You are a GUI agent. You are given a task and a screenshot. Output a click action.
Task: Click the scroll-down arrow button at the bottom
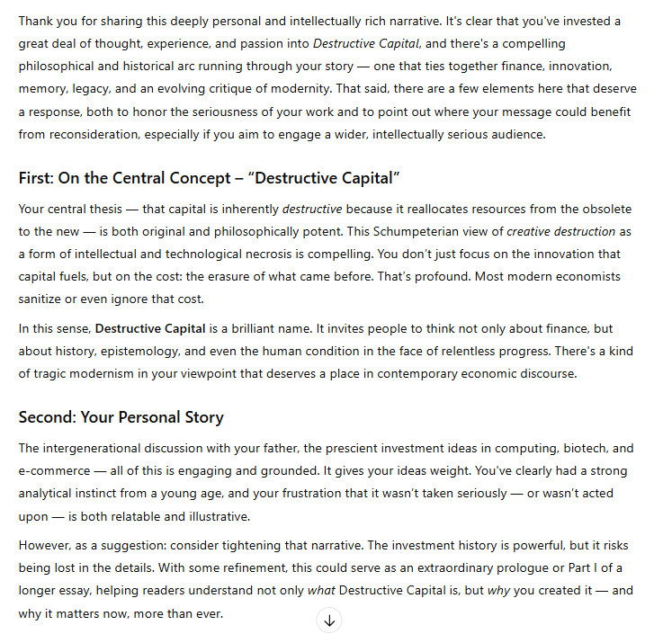point(329,621)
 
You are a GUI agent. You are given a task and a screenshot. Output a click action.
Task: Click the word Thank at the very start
point(37,20)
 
